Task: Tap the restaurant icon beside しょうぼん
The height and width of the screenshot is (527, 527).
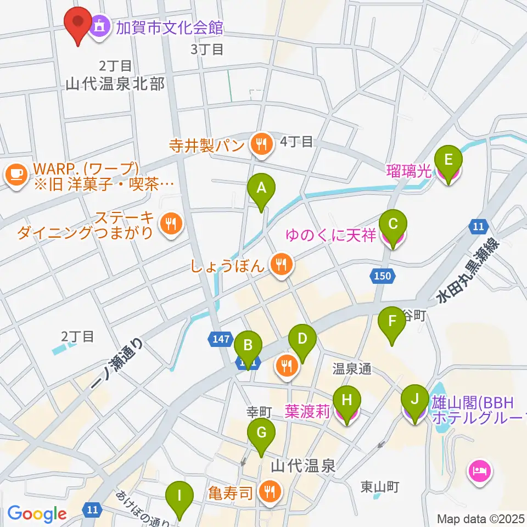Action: [281, 266]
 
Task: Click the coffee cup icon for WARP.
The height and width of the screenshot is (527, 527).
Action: [15, 176]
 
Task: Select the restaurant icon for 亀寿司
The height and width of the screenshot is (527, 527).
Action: [268, 492]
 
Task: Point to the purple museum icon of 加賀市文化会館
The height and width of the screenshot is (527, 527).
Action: [100, 25]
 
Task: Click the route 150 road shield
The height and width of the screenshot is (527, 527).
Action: [382, 276]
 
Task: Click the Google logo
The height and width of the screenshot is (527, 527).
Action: [37, 514]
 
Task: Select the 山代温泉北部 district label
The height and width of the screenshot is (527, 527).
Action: [115, 83]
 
